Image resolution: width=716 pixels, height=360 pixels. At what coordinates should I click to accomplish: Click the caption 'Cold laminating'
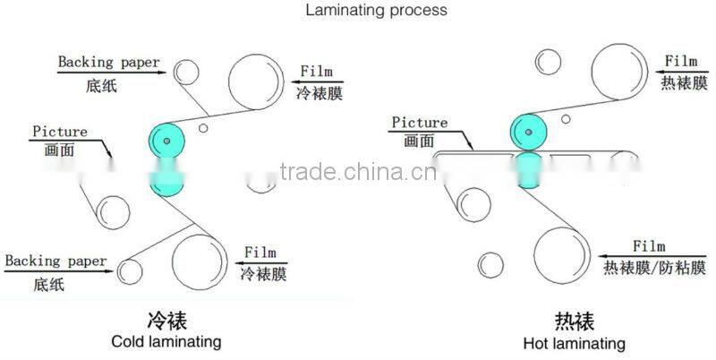click(166, 341)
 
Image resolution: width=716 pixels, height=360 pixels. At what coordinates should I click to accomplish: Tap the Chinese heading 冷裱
click(166, 321)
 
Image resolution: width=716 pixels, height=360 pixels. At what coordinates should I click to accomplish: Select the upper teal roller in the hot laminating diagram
click(528, 133)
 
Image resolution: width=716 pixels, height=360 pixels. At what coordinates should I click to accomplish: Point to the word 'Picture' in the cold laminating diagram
click(60, 132)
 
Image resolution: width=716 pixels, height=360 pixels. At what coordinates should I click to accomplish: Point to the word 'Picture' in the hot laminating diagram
click(419, 123)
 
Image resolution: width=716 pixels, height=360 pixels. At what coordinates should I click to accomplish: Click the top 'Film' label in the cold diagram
click(317, 71)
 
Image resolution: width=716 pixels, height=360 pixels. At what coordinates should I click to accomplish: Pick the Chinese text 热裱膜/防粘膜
click(649, 266)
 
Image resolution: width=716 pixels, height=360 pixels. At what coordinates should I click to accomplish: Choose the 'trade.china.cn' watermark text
click(358, 171)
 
